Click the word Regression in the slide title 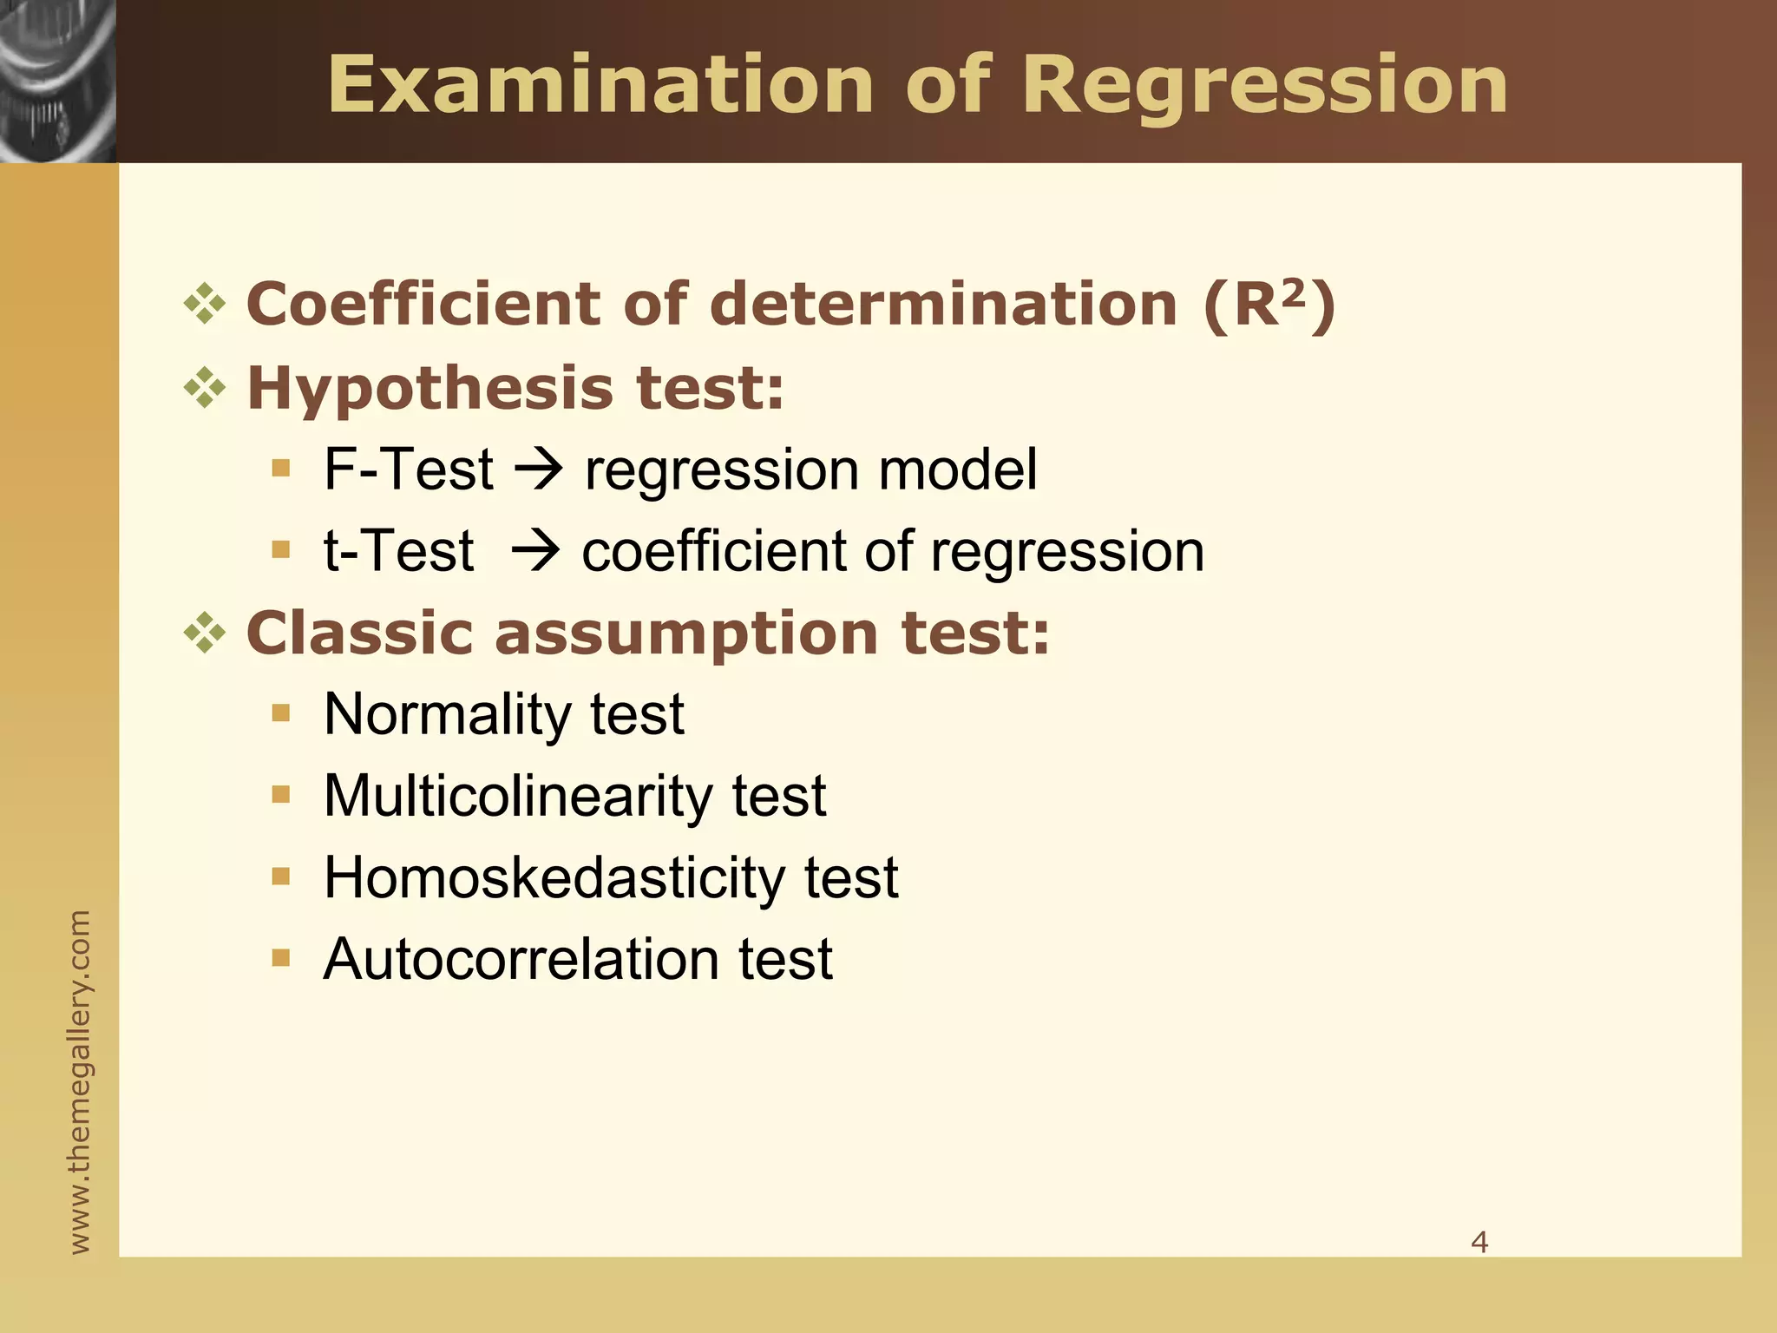[x=1265, y=85]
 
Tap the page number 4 [x=1479, y=1242]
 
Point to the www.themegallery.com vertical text [x=79, y=1081]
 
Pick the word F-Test [x=408, y=470]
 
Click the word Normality [x=446, y=714]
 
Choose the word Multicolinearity [x=517, y=796]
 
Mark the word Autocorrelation [x=520, y=959]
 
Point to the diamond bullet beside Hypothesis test [x=205, y=388]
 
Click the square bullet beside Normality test [x=280, y=713]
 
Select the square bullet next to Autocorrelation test [x=280, y=958]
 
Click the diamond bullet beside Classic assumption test [x=205, y=633]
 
